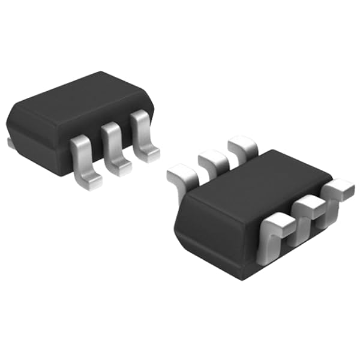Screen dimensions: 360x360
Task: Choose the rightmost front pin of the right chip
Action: [x=337, y=189]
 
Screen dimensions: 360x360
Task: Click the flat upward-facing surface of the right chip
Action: [x=258, y=186]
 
